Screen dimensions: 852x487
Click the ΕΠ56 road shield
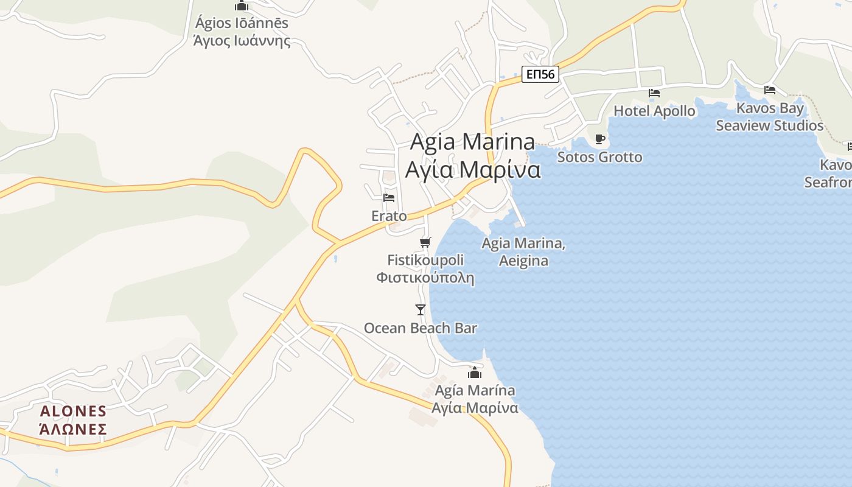click(540, 74)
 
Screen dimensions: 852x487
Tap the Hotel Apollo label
click(654, 111)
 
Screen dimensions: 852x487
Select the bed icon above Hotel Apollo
click(654, 93)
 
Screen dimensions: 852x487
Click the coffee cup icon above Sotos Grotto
click(600, 139)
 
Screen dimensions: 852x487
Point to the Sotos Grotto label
click(600, 157)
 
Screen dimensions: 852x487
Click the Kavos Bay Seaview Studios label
click(770, 117)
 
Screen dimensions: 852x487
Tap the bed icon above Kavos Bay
click(770, 90)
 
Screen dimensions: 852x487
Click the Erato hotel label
click(389, 216)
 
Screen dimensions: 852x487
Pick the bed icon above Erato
click(389, 198)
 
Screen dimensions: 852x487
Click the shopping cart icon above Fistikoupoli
click(425, 242)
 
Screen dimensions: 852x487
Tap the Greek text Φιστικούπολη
click(425, 278)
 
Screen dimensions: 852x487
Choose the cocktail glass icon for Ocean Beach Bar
click(421, 310)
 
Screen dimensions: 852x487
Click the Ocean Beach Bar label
click(421, 328)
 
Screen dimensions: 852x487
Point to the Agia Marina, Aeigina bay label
click(523, 252)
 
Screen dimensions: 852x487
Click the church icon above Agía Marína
click(475, 373)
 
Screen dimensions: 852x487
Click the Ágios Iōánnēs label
click(242, 24)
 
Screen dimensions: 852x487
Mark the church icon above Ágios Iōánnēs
click(242, 6)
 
